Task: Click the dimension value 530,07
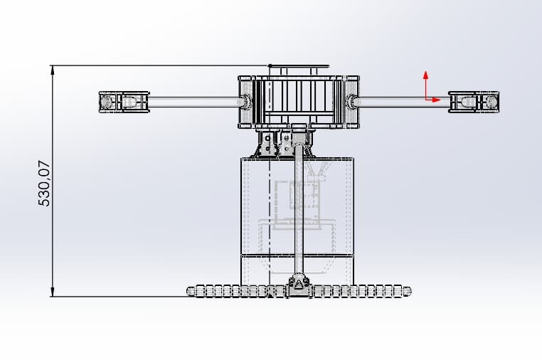pyautogui.click(x=44, y=183)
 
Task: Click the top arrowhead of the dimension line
pyautogui.click(x=53, y=69)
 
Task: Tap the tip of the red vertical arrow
pyautogui.click(x=425, y=72)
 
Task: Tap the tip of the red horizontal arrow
pyautogui.click(x=441, y=100)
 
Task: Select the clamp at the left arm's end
pyautogui.click(x=124, y=102)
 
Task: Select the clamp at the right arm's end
pyautogui.click(x=474, y=102)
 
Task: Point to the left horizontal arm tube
pyautogui.click(x=192, y=102)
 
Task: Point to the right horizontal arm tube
pyautogui.click(x=402, y=102)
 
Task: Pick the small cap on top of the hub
pyautogui.click(x=299, y=70)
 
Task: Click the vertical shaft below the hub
pyautogui.click(x=299, y=213)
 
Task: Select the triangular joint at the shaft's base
pyautogui.click(x=299, y=285)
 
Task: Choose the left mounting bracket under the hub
pyautogui.click(x=267, y=142)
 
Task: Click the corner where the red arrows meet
pyautogui.click(x=425, y=100)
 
